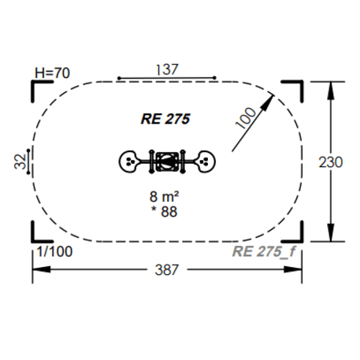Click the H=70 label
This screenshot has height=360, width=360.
pos(53,72)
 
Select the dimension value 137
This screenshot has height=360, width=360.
pos(166,69)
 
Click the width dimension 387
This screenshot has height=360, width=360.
pos(166,269)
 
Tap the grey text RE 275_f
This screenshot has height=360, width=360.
pos(266,251)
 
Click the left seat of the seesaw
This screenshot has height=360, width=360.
pos(128,161)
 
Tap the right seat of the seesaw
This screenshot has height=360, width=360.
pos(204,161)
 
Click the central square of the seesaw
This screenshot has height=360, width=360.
pos(166,161)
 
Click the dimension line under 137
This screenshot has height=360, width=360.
pos(166,79)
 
